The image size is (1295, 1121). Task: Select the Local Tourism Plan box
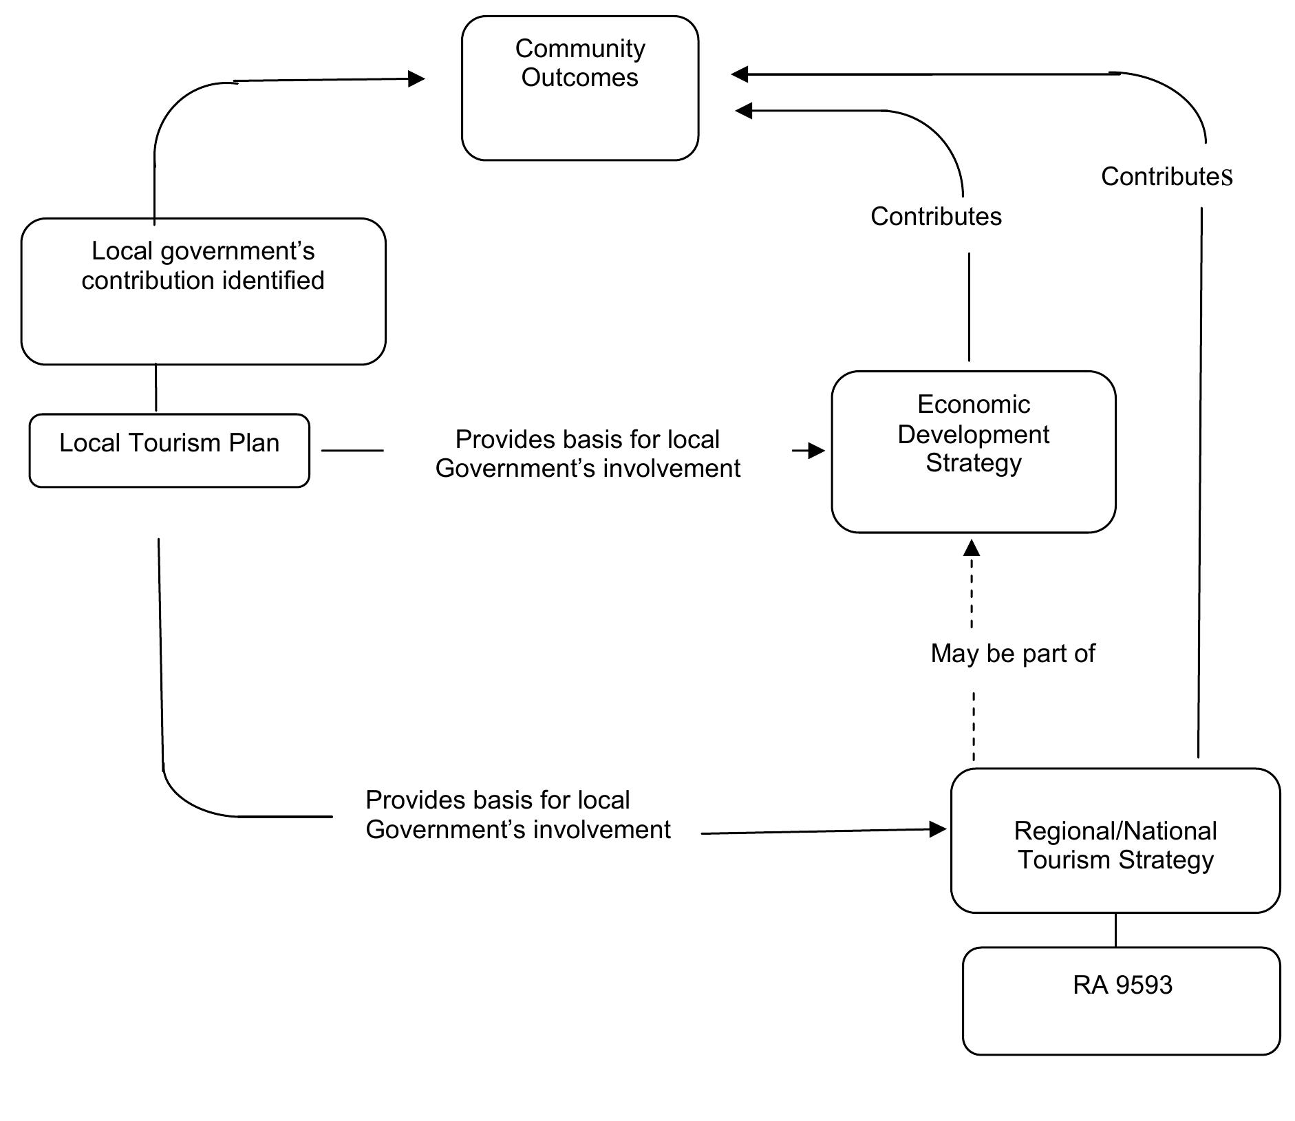pos(169,451)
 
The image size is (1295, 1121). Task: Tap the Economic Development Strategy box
pos(973,452)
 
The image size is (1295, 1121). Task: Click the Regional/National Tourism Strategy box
pos(1115,841)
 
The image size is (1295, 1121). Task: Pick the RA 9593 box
pos(1121,1001)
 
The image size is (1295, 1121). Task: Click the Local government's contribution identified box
pos(203,291)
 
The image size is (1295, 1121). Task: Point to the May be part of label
pos(1012,654)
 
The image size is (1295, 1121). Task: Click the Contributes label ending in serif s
pos(1166,177)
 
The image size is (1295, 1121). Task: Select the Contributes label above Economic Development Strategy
pos(936,217)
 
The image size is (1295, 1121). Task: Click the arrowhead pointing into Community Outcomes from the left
pos(416,79)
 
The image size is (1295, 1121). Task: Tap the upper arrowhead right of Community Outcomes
pos(740,74)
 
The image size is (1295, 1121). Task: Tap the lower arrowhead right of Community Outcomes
pos(744,110)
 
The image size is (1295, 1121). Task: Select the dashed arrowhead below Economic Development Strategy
pos(972,548)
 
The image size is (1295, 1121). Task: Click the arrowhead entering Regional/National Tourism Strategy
pos(937,829)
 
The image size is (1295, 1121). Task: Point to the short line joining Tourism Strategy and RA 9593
pos(1115,930)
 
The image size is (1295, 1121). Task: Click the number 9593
pos(1143,985)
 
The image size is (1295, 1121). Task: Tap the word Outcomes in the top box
pos(579,78)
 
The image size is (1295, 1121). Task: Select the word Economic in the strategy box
pos(973,405)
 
